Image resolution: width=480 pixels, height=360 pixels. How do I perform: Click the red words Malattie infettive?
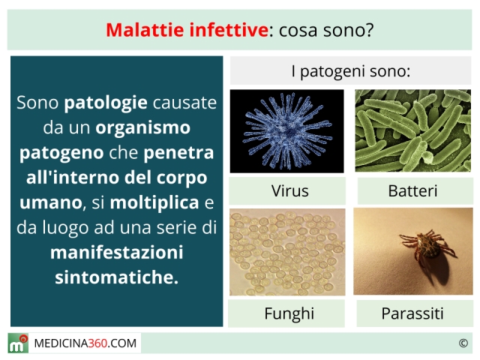pos(187,30)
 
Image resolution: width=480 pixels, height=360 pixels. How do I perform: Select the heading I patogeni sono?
pos(351,71)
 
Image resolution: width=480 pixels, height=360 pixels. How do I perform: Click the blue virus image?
pos(286,131)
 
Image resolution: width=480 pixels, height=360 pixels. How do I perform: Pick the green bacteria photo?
pos(413,130)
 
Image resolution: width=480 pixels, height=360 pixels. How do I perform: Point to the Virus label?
pos(290,191)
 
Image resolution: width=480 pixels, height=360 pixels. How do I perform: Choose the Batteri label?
pos(412,191)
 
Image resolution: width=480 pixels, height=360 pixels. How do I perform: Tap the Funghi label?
pos(289,313)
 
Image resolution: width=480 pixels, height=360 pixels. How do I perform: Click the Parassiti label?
pos(412,313)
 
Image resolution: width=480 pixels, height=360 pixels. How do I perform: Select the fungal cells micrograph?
pos(287,252)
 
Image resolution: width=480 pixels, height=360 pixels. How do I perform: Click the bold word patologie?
pos(106,103)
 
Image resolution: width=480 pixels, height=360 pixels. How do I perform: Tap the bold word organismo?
pos(143,128)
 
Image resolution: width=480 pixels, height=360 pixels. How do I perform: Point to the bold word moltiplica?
pos(154,203)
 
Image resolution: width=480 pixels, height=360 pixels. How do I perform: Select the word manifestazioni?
pos(117,253)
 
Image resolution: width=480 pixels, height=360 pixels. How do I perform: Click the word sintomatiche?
pos(116,277)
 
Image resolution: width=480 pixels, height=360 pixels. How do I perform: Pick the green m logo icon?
pos(18,343)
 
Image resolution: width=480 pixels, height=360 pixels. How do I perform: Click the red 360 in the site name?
pos(97,343)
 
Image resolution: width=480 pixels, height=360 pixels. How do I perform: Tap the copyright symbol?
pos(463,343)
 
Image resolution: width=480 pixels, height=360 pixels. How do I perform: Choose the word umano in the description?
pos(51,203)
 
